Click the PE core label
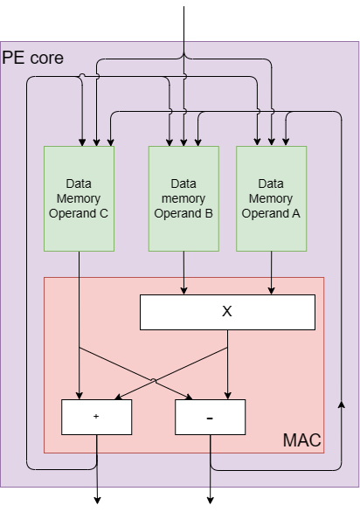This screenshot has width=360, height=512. point(32,59)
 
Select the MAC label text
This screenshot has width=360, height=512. point(301,440)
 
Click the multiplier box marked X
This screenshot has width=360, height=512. point(227,312)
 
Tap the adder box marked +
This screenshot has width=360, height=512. point(97,417)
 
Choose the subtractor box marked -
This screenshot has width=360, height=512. point(210,417)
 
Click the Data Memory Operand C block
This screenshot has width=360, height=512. point(79,198)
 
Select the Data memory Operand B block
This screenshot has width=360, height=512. point(183,198)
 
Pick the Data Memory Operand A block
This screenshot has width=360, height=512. point(271,198)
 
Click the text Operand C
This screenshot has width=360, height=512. point(79,213)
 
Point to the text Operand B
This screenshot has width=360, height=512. point(183,213)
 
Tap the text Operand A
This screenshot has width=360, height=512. point(271,213)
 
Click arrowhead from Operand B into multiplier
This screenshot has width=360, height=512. point(183,291)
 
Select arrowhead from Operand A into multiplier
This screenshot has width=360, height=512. point(271,291)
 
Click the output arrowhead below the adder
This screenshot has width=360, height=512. point(97,501)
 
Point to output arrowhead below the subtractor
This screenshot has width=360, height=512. point(211,501)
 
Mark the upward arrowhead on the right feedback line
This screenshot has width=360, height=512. point(342,405)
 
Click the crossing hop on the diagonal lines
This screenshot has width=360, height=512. point(154,381)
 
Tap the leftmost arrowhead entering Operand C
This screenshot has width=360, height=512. point(82,142)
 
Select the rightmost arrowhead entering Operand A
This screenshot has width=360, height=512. point(286,142)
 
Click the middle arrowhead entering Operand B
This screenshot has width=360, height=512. point(183,142)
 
